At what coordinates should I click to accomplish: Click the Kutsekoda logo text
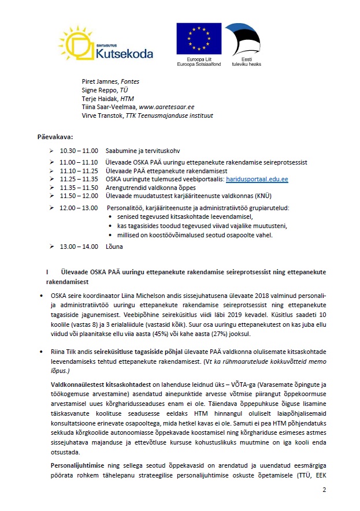click(x=124, y=54)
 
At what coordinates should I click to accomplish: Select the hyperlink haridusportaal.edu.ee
click(x=258, y=180)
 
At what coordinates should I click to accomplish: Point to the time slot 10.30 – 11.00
click(x=79, y=150)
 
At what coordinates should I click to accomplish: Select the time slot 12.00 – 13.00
click(x=80, y=207)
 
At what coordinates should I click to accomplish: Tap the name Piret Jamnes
click(x=100, y=82)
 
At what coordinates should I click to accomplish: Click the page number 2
click(x=324, y=490)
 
